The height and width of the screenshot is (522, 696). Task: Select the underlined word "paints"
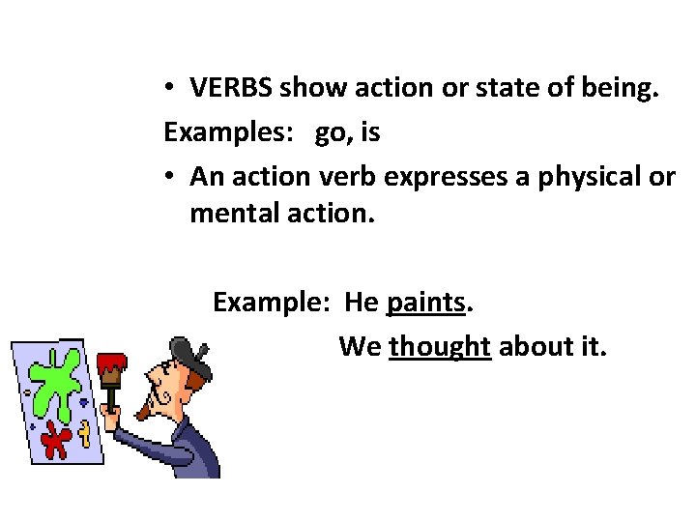(x=426, y=303)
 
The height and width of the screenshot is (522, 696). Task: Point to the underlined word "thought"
(x=440, y=346)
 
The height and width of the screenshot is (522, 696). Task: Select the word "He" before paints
(x=362, y=303)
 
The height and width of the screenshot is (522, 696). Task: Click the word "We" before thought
(x=360, y=346)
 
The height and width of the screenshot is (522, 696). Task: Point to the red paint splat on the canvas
(x=56, y=440)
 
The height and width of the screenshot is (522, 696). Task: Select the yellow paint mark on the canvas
(x=85, y=432)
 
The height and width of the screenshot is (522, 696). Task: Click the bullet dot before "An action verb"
(x=168, y=177)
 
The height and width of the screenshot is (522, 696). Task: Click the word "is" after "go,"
(x=370, y=133)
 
